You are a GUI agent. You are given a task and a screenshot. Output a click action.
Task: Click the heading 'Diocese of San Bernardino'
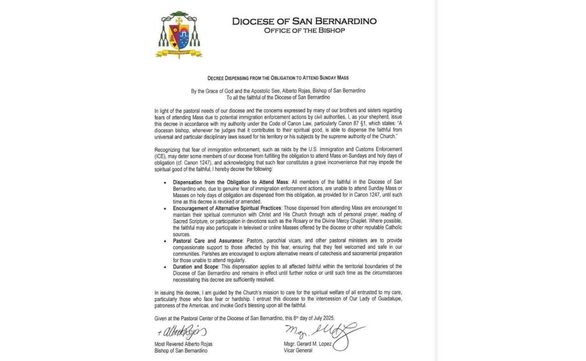pos(304,21)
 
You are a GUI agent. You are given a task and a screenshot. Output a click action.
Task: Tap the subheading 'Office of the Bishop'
pos(304,30)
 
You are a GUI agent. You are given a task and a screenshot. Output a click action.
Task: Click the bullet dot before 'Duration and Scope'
pos(167,266)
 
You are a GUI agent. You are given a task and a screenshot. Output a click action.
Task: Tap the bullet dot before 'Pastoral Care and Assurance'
pos(167,240)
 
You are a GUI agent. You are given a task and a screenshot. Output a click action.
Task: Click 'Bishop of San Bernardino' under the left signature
pos(178,351)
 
